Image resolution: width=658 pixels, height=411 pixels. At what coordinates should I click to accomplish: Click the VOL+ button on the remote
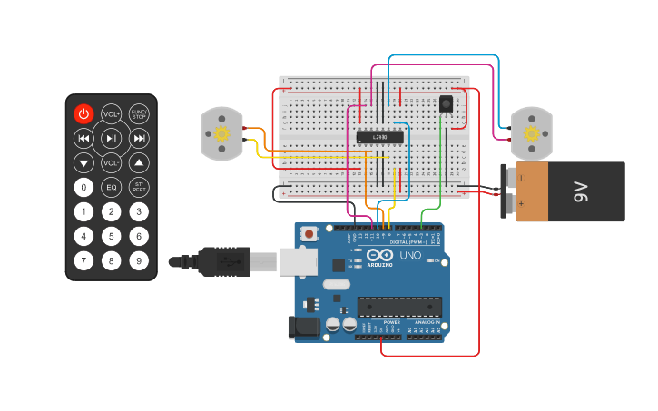[111, 114]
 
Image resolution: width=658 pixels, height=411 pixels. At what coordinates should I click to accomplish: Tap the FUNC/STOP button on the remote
[139, 114]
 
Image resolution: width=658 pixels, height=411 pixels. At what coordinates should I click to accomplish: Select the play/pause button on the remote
[111, 139]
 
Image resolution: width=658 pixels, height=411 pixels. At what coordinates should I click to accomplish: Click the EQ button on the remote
[111, 188]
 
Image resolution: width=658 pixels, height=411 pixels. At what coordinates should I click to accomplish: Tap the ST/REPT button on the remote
[139, 188]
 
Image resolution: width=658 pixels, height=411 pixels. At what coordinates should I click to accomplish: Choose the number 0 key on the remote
[83, 188]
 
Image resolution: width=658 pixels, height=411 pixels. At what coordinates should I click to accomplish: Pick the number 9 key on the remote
[139, 261]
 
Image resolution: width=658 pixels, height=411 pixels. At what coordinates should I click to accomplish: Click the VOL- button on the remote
[111, 163]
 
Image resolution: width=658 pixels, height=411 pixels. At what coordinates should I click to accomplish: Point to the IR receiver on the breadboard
[446, 103]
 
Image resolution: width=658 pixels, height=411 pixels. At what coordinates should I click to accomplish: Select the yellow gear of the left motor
[221, 134]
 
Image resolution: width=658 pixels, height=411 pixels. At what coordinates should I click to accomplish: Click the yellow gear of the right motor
[531, 134]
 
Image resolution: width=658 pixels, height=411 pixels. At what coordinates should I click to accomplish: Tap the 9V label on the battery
[580, 191]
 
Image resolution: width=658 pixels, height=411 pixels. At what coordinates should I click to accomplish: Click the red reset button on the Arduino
[309, 234]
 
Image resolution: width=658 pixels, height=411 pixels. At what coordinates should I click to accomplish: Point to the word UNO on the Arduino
[410, 256]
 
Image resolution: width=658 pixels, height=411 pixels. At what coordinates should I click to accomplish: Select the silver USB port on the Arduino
[297, 261]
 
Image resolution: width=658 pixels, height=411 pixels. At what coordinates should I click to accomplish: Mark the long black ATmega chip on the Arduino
[398, 307]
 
